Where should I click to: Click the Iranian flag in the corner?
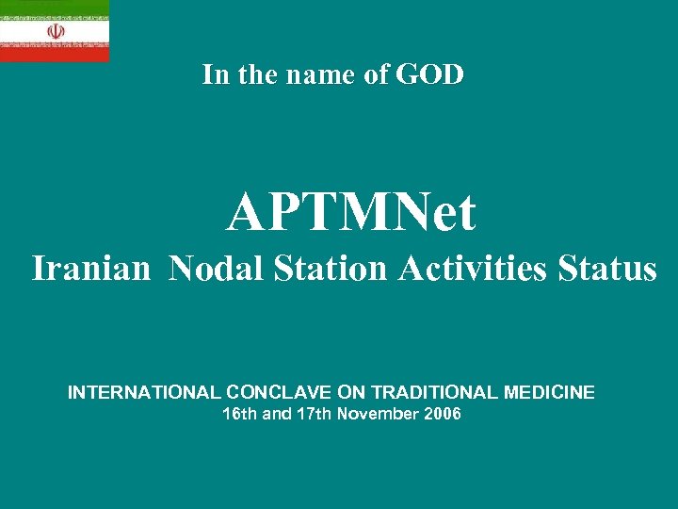[54, 30]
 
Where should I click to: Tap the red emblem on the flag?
[56, 31]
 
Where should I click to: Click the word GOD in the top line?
[430, 74]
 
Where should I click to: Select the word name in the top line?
[306, 74]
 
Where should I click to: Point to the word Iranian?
[90, 269]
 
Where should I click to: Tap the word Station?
[330, 269]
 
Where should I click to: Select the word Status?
[607, 269]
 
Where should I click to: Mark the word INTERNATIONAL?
[144, 392]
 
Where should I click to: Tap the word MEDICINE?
[549, 392]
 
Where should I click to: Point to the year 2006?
[443, 414]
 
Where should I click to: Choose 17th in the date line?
[313, 414]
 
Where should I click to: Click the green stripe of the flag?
[54, 8]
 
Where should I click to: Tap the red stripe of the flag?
[54, 54]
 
